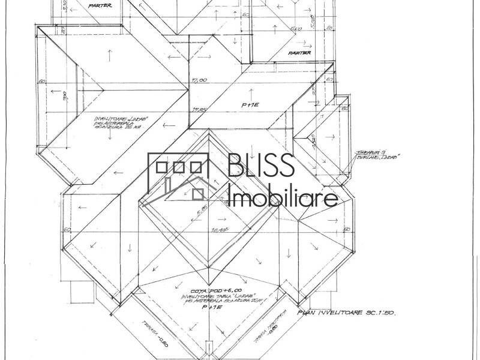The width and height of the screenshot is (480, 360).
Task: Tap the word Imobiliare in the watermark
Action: (283, 196)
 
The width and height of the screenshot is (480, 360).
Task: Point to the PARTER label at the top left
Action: (100, 5)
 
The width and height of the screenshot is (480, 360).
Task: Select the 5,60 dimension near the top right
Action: (295, 28)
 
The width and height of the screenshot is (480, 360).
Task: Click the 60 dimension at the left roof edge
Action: (42, 80)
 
